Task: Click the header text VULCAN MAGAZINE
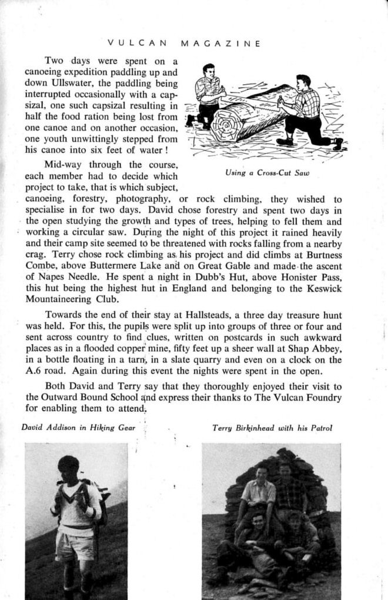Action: [x=184, y=43]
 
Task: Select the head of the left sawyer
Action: [x=208, y=70]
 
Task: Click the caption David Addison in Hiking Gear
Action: [x=78, y=428]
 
